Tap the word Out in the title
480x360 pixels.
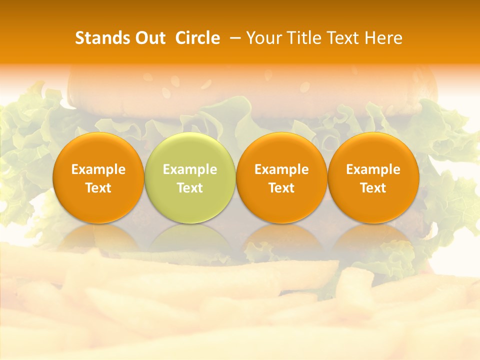pyautogui.click(x=149, y=38)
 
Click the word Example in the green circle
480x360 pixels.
pyautogui.click(x=190, y=169)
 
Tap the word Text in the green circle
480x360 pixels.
pyautogui.click(x=190, y=188)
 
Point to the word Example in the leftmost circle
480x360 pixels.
pyautogui.click(x=98, y=169)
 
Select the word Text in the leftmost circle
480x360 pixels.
pyautogui.click(x=98, y=188)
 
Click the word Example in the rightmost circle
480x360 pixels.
pyautogui.click(x=373, y=169)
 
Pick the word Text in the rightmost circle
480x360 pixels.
pyautogui.click(x=373, y=188)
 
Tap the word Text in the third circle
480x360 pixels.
pyautogui.click(x=281, y=188)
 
